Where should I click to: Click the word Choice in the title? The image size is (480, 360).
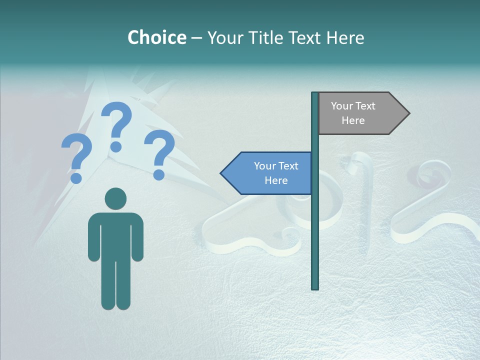tap(156, 37)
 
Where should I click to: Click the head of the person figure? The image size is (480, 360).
tap(115, 198)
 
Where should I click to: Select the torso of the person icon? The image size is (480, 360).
tap(115, 235)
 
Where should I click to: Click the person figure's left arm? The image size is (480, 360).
tap(93, 237)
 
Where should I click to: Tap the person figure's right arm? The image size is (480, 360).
tap(137, 237)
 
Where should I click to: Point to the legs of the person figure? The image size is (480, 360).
tap(115, 285)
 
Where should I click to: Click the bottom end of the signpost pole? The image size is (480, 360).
tap(315, 286)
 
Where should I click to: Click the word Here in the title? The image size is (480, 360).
tap(345, 37)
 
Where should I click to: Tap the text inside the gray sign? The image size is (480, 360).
tap(353, 113)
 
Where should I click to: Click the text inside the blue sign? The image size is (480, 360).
tap(276, 173)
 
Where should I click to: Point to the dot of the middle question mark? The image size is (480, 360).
tap(116, 146)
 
